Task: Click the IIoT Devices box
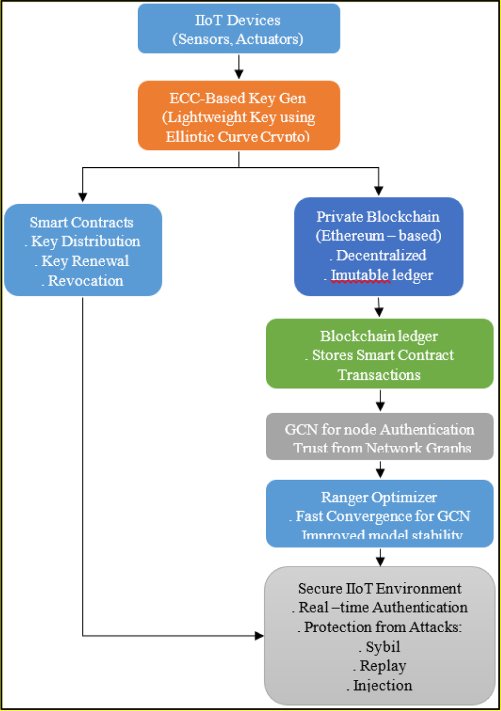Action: point(238,28)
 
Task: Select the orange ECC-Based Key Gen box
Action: point(238,116)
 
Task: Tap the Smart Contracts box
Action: point(83,250)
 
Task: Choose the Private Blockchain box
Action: point(378,246)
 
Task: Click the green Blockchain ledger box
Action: point(379,353)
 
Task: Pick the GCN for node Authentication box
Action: point(379,436)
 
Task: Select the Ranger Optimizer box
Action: point(379,513)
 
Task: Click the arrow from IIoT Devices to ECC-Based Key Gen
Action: point(239,67)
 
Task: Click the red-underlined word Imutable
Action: point(360,275)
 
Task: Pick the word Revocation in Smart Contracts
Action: point(85,281)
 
